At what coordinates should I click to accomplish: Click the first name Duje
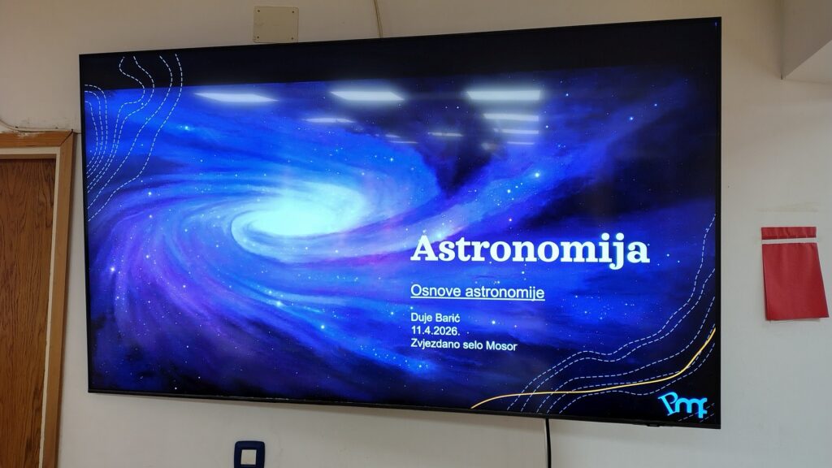click(x=422, y=318)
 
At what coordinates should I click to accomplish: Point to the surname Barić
click(x=448, y=318)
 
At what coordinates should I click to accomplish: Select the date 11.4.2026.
click(x=435, y=331)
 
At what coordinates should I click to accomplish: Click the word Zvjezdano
click(x=435, y=344)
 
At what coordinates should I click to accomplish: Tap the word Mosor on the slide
click(x=501, y=346)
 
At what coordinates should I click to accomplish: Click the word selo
click(x=474, y=344)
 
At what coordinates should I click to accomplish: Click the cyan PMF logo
click(x=682, y=405)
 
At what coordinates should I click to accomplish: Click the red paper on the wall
click(x=793, y=273)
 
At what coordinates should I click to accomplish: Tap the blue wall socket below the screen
click(x=249, y=454)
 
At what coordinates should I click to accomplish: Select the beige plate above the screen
click(x=275, y=24)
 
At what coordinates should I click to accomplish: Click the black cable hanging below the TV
click(x=548, y=443)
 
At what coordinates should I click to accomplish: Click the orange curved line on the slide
click(x=610, y=381)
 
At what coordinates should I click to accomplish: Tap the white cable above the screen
click(x=378, y=18)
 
